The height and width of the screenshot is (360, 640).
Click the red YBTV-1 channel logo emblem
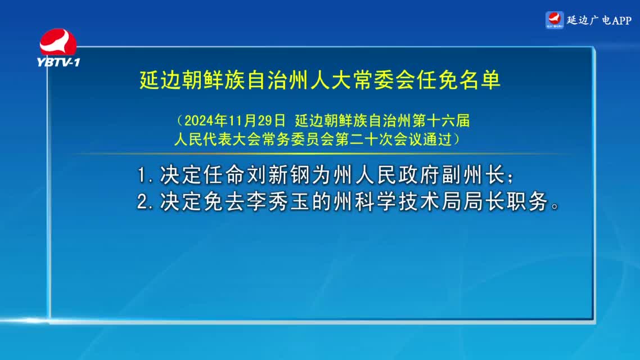point(57,42)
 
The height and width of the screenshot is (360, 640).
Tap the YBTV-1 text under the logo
point(58,62)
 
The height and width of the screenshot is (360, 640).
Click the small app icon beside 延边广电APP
point(555,20)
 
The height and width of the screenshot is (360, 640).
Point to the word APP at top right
point(621,20)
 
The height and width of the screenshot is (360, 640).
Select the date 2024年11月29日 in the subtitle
point(235,120)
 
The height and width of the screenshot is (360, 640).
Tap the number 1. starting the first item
point(145,175)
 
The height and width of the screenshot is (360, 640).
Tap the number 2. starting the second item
point(145,202)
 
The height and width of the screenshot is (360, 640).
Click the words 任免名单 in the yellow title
point(458,80)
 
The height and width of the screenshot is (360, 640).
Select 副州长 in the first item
point(474,175)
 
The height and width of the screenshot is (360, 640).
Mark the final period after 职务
point(555,206)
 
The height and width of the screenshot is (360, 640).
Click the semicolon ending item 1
point(510,177)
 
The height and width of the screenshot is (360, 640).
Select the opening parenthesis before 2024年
point(179,120)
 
